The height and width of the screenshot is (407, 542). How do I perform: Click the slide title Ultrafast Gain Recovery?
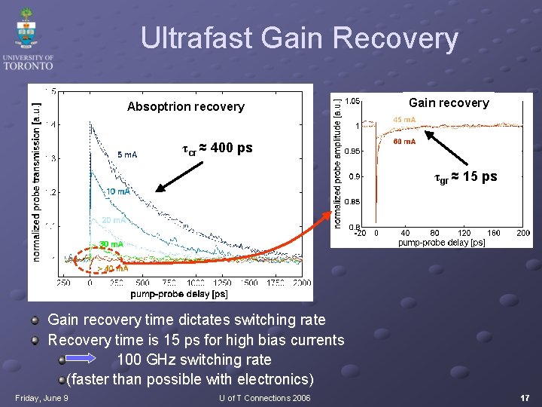pos(299,38)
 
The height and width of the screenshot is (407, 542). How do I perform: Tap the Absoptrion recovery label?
pos(185,106)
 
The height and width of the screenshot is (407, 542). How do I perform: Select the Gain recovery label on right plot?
pos(448,103)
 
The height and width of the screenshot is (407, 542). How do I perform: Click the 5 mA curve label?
pos(126,155)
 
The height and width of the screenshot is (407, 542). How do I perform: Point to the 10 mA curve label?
pos(117,191)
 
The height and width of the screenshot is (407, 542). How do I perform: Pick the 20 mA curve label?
pos(113,220)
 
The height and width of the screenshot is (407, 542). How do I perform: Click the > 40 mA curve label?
pos(113,268)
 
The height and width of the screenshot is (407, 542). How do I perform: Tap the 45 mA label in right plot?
pos(404,120)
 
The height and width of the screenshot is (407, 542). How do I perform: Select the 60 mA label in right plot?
pos(404,141)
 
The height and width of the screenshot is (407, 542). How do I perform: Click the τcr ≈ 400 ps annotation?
pos(218,148)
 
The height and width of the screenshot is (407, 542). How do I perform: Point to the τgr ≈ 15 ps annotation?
pos(465,177)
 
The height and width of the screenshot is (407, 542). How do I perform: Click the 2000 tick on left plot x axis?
pos(301,283)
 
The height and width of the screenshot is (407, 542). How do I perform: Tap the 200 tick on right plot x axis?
pos(523,234)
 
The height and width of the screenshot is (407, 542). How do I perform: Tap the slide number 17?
pos(524,396)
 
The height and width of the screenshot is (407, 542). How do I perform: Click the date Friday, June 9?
pos(41,397)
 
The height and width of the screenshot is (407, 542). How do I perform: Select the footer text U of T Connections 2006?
pos(264,397)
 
